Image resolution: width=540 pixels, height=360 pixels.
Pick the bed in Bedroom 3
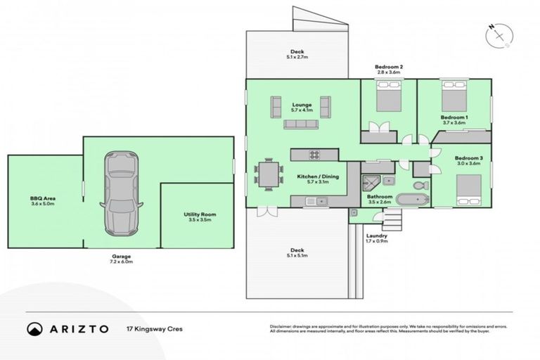point(469,188)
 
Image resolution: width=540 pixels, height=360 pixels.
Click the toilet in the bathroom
point(420,185)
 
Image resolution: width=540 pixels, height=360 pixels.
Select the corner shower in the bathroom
point(371,184)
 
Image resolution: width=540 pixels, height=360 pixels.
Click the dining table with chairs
point(269,174)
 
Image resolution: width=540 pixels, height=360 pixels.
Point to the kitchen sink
point(318,202)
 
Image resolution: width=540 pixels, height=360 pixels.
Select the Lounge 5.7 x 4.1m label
point(302,108)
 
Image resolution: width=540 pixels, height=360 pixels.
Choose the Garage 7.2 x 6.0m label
point(121,259)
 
